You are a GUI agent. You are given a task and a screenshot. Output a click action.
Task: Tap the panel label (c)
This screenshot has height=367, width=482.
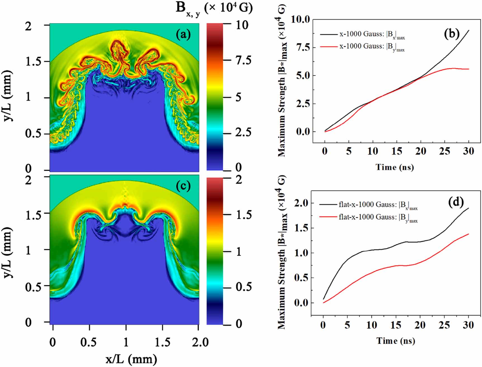183,186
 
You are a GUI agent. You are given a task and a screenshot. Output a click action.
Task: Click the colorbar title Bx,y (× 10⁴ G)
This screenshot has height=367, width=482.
214,8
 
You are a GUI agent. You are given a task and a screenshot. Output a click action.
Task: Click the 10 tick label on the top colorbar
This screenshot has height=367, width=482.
242,25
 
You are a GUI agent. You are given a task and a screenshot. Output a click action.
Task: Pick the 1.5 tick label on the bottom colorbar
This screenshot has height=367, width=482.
244,215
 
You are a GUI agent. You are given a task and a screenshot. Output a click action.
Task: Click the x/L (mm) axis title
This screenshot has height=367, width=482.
131,359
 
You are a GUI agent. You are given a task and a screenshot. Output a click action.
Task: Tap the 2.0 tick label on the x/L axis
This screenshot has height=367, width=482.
200,342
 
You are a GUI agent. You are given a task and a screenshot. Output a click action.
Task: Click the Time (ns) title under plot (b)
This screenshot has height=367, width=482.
395,167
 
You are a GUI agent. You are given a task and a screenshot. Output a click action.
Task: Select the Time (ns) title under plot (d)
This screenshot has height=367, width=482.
395,341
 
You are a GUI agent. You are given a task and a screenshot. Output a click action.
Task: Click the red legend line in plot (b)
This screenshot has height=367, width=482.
329,46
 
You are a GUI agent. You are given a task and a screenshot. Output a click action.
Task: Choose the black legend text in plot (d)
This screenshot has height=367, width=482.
378,205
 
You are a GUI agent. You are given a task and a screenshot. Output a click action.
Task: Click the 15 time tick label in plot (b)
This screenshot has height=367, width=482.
396,151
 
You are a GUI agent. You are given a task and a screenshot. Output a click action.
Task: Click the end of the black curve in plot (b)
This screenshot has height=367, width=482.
469,30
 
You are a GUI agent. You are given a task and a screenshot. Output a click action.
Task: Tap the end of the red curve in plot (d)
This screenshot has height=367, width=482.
468,234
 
